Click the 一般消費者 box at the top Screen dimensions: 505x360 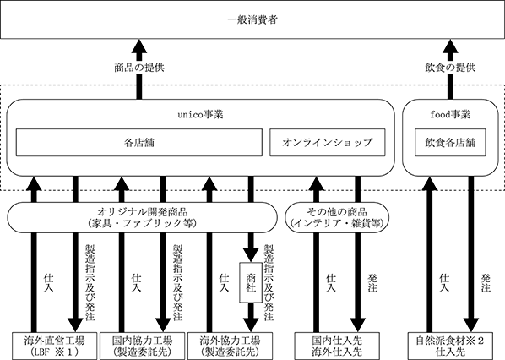tap(252, 19)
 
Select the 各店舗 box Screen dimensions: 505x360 tap(139, 143)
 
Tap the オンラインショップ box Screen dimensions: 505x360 tap(327, 143)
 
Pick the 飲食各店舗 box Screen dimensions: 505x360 tap(450, 143)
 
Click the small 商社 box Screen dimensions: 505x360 tap(251, 282)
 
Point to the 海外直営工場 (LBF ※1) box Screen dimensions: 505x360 tap(54, 346)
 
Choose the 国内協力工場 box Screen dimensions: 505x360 tap(143, 346)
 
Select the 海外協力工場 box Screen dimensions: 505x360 tap(230, 346)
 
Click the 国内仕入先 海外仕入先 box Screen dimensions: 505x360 tap(337, 346)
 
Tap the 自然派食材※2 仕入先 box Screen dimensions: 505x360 tap(450, 346)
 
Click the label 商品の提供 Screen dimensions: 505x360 tap(139, 68)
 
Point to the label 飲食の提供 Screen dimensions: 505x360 tap(450, 68)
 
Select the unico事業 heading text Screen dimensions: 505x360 tap(200, 115)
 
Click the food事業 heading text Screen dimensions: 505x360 tap(450, 115)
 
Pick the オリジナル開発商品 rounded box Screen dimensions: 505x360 tap(142, 217)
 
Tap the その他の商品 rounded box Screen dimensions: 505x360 tap(337, 217)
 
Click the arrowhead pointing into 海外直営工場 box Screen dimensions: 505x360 tap(75, 325)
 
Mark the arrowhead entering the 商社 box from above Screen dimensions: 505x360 tap(251, 255)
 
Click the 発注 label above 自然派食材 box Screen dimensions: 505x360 tap(486, 282)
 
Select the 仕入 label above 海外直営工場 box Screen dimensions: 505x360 tap(48, 282)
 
